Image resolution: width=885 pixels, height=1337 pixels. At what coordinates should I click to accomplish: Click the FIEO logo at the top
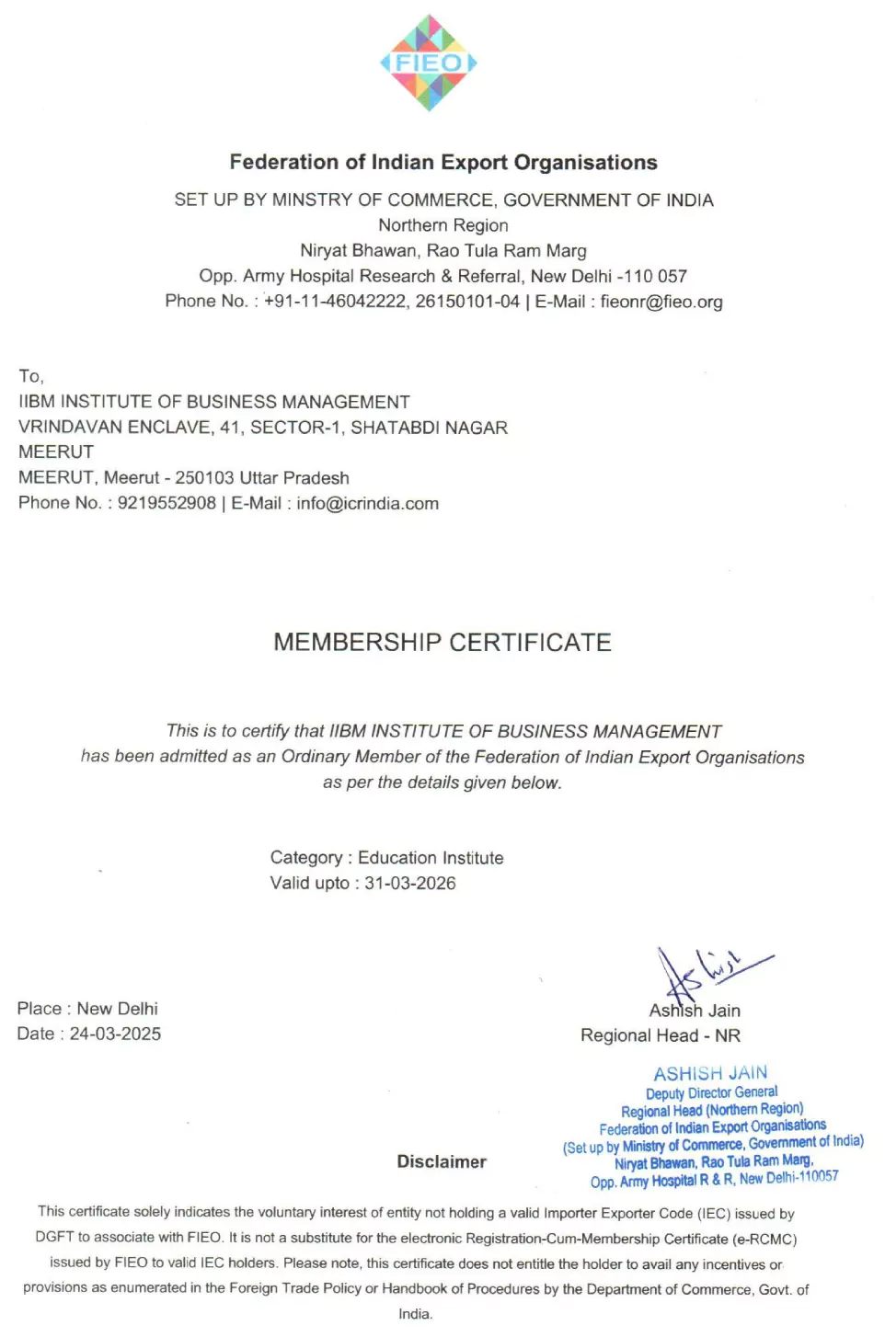429,63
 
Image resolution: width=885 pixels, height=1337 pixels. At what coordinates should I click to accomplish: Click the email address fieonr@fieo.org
661,302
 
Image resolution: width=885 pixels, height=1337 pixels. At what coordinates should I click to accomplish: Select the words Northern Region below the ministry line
442,225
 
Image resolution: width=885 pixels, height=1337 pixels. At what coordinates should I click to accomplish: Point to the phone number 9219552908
167,503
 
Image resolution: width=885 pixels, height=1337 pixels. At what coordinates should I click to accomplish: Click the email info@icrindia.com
367,503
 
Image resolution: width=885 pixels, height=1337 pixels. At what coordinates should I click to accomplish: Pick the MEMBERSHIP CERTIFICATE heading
442,642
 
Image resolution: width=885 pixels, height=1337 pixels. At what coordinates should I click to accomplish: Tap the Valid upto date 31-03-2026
410,883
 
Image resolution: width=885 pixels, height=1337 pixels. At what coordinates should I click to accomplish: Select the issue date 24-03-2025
115,1034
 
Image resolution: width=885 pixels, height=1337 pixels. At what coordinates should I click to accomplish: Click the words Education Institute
431,858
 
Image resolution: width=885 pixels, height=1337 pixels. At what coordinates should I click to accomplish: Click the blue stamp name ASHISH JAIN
710,1073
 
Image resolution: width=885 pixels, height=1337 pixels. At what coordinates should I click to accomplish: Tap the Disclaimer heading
442,1161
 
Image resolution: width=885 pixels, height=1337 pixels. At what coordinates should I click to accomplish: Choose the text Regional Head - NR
661,1035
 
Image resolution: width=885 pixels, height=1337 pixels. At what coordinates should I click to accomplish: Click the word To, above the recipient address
31,376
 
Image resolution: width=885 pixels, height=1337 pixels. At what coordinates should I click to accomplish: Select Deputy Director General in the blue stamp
711,1092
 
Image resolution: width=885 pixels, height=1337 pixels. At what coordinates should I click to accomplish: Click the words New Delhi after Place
118,1009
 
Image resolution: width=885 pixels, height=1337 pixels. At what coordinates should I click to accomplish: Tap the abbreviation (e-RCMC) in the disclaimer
764,1239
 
